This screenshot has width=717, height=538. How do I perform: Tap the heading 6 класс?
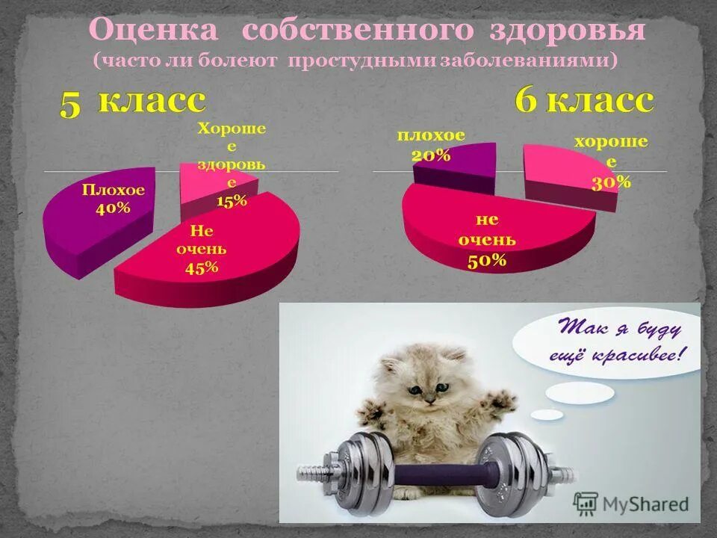584,101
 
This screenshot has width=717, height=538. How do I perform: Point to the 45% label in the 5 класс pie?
201,268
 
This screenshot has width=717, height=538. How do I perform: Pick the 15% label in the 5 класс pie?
232,200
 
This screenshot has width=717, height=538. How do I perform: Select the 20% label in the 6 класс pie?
431,155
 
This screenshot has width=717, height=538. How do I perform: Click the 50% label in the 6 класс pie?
487,260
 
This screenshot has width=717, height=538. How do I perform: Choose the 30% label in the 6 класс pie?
612,182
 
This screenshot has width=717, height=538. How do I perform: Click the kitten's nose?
430,400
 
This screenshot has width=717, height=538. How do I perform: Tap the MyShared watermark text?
647,503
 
